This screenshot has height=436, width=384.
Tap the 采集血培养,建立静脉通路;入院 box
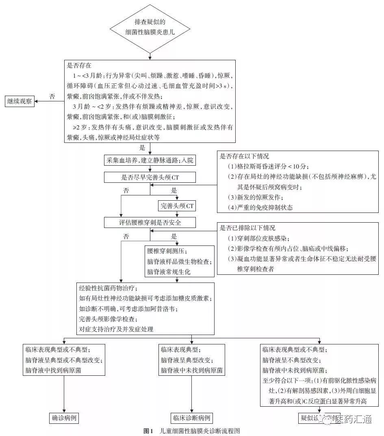pyautogui.click(x=150, y=160)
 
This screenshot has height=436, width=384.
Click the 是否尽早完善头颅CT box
pyautogui.click(x=150, y=178)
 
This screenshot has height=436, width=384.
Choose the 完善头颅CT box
pyautogui.click(x=177, y=206)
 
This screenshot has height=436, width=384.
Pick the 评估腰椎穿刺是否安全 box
pyautogui.click(x=150, y=223)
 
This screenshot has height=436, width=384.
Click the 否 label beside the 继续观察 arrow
pyautogui.click(x=52, y=96)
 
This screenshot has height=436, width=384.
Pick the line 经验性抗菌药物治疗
pyautogui.click(x=105, y=288)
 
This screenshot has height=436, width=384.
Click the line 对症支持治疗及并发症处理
pyautogui.click(x=116, y=329)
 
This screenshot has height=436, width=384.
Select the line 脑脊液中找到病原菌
pyautogui.click(x=52, y=370)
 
